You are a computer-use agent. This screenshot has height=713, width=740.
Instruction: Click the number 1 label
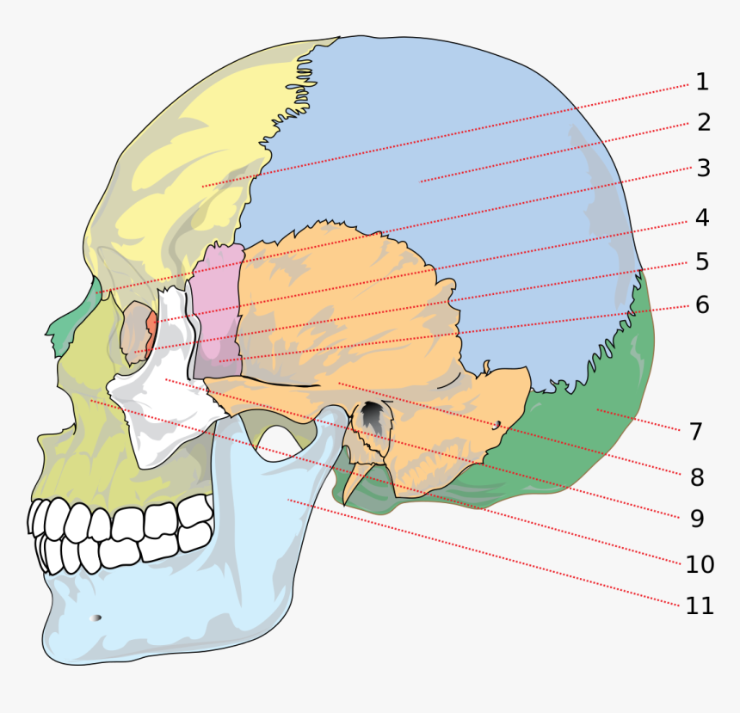click(702, 83)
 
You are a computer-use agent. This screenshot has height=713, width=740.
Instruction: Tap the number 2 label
click(704, 123)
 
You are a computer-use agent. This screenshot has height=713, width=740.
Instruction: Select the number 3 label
click(703, 169)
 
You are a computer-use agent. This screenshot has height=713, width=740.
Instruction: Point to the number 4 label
click(702, 218)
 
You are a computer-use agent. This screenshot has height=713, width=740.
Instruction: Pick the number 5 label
click(702, 261)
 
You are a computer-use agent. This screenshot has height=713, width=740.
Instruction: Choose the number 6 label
click(702, 304)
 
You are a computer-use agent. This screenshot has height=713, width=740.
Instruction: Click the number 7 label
click(695, 432)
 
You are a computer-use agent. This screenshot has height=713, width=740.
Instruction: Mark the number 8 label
click(697, 477)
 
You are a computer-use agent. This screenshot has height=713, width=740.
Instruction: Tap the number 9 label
click(697, 519)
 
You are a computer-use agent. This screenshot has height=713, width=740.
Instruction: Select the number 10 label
click(700, 564)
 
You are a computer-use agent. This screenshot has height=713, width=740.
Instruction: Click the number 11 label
click(700, 605)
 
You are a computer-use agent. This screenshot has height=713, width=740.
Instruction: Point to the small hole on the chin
click(96, 618)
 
